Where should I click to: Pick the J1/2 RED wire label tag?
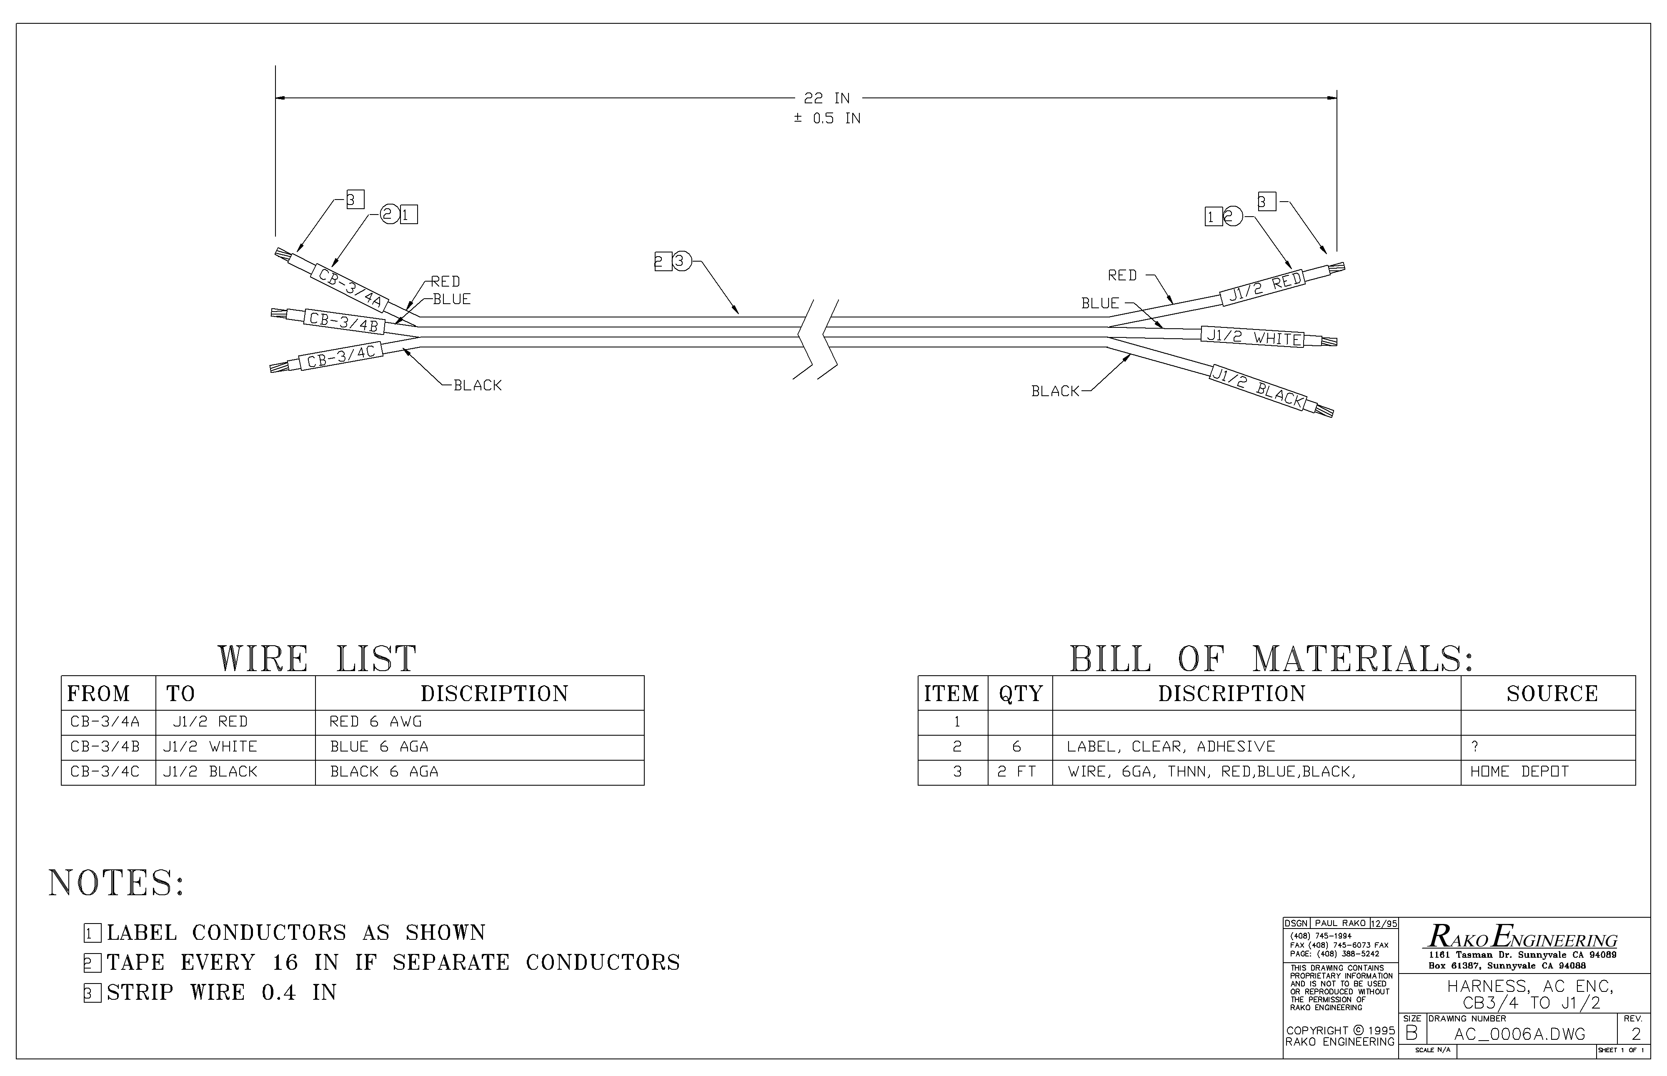click(x=1265, y=287)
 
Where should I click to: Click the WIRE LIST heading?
click(x=317, y=659)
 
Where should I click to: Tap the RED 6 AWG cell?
click(x=375, y=722)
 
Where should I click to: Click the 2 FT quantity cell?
click(x=1016, y=771)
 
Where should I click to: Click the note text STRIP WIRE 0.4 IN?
click(x=222, y=992)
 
